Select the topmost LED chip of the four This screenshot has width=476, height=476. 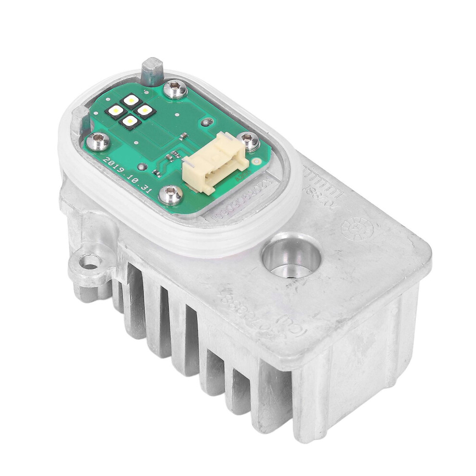[x=130, y=100]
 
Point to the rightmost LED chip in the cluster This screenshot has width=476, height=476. [x=143, y=110]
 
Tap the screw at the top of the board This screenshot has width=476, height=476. [x=176, y=89]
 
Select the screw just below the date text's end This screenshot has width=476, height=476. [x=171, y=194]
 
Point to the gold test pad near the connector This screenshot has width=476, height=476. [x=258, y=162]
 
